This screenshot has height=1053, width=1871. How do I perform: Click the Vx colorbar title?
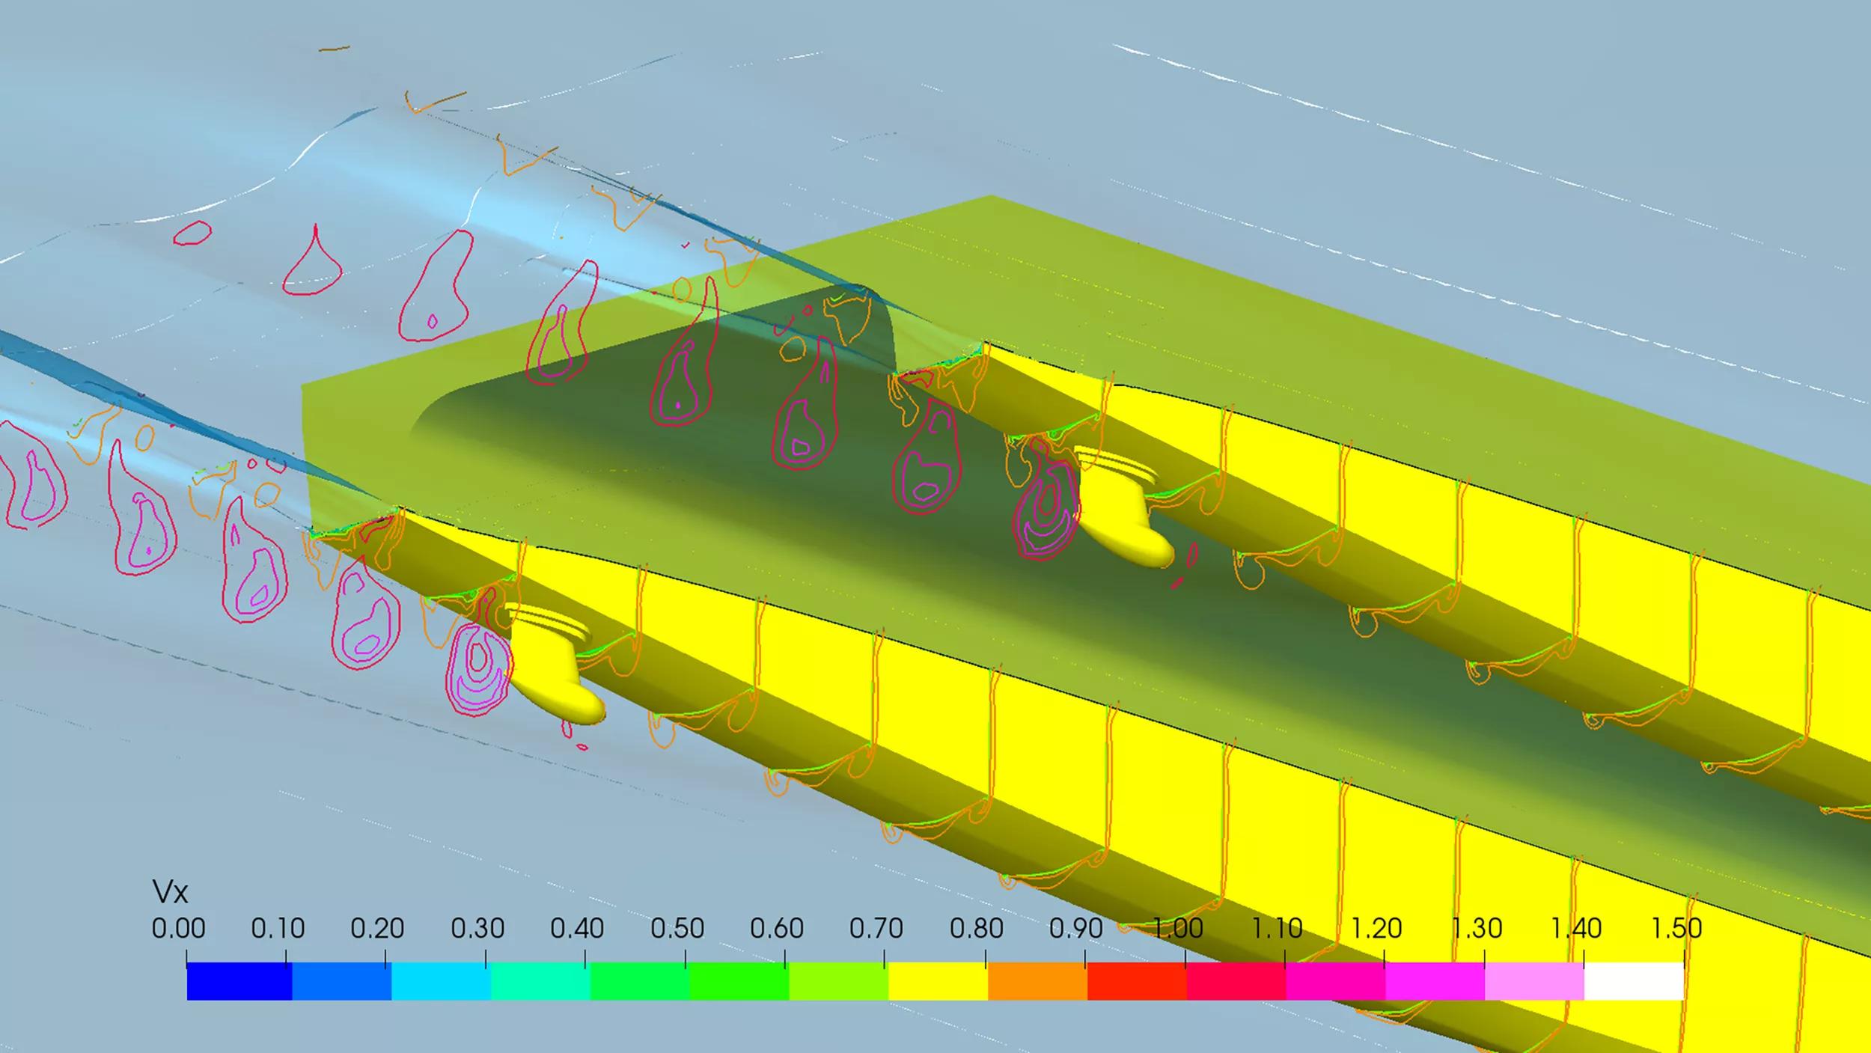(170, 891)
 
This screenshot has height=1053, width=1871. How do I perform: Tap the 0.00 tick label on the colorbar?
(178, 928)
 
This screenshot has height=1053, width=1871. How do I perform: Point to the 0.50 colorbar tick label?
(677, 928)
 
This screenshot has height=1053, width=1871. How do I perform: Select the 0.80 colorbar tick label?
(976, 928)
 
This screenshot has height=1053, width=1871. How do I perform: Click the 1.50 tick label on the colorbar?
(1676, 928)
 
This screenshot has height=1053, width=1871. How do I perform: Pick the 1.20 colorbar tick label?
(1376, 928)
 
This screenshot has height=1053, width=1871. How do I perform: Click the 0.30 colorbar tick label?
(477, 928)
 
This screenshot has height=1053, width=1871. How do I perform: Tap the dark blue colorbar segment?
(239, 981)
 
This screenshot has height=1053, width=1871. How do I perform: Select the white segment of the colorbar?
(1634, 981)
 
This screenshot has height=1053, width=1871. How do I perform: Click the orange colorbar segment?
(1037, 981)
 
